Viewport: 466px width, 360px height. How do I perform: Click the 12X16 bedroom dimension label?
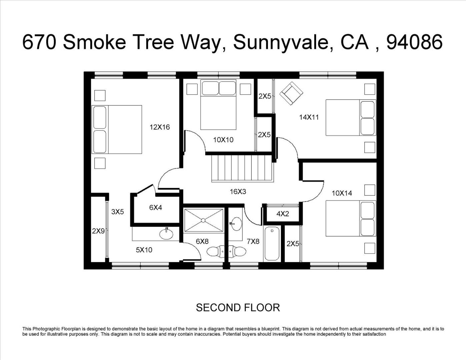[160, 127]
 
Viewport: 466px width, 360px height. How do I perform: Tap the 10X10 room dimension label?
[223, 140]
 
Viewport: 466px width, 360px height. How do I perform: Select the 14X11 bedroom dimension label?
[309, 117]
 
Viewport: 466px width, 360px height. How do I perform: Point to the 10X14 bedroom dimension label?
[342, 193]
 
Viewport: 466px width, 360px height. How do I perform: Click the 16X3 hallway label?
[238, 191]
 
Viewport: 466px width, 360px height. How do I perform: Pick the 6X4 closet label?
[155, 207]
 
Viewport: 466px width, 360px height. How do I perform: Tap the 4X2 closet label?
[283, 214]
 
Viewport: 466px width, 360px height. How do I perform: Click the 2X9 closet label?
[98, 231]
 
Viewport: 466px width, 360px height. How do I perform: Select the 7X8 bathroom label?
[253, 241]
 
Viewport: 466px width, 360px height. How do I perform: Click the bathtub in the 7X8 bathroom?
[272, 244]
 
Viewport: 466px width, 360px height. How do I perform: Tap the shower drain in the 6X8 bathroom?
[203, 220]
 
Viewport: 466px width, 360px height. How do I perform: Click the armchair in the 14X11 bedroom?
[291, 93]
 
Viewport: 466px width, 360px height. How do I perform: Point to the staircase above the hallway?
[243, 168]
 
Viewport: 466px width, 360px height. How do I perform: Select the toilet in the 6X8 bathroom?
[216, 251]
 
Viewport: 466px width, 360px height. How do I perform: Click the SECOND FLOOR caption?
[238, 308]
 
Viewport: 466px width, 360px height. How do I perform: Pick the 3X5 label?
[118, 212]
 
